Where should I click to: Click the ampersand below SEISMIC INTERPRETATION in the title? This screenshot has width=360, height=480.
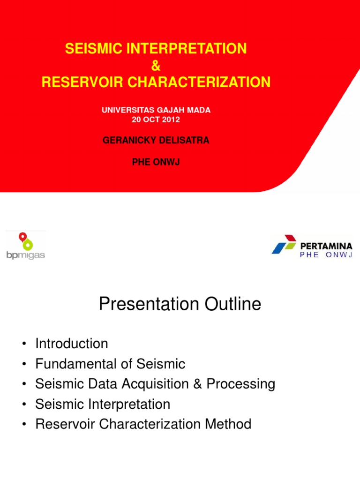click(156, 66)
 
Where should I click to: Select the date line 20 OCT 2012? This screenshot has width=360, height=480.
click(156, 120)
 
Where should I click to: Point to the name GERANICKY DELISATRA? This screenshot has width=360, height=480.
click(156, 141)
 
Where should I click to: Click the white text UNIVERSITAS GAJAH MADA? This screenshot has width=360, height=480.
click(156, 110)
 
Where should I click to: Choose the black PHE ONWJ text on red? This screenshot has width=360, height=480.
click(156, 162)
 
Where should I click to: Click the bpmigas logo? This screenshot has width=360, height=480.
click(26, 246)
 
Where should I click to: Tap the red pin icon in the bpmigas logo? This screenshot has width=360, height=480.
click(22, 237)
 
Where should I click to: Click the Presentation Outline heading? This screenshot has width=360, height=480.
click(180, 305)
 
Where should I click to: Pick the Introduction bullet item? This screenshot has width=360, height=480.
click(71, 344)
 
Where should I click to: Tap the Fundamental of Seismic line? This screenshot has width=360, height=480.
click(110, 364)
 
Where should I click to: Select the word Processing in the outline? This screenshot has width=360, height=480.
click(240, 384)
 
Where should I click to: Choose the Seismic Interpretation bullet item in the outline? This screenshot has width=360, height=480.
click(103, 404)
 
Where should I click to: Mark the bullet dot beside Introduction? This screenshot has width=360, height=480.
click(23, 345)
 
